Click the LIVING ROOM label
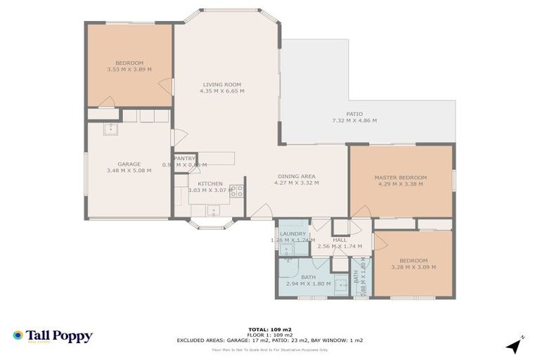point(221,84)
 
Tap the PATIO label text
point(354,113)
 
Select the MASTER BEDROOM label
point(401,177)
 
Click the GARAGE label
point(129,164)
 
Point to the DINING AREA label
point(295,176)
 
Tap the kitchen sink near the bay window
point(214,209)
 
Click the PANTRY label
point(184,158)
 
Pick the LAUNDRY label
point(292,233)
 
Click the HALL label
point(340,240)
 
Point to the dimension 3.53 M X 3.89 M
point(129,70)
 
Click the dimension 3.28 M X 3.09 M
point(413,267)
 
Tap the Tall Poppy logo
point(52,336)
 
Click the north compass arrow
point(515,345)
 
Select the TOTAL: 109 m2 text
point(269,328)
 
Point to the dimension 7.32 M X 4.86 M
point(354,120)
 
